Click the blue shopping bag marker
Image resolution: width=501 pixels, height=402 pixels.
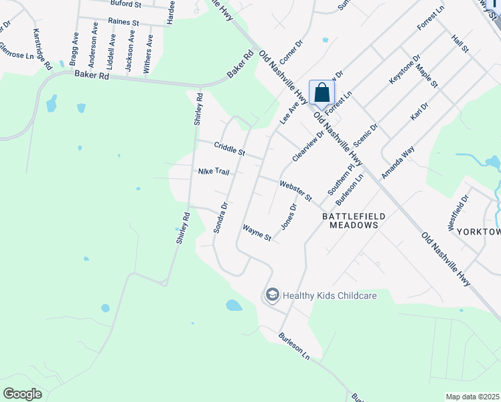tap(321, 93)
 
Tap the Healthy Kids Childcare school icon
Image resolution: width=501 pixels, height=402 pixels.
tap(272, 295)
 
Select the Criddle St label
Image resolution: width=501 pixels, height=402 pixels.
tap(230, 149)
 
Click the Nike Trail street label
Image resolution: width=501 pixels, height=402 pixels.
tap(214, 172)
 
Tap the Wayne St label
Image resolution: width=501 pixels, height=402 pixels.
tap(257, 233)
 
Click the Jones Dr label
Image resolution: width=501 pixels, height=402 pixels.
tap(288, 216)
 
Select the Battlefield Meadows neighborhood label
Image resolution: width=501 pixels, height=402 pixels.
tap(350, 221)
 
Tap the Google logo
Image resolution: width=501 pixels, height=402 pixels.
tap(23, 394)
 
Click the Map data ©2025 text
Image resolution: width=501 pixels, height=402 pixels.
tap(473, 397)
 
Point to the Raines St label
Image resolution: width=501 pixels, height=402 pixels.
tap(123, 22)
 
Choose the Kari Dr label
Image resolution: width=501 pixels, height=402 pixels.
tap(419, 112)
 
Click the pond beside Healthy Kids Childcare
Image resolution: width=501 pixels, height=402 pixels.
tap(234, 306)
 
